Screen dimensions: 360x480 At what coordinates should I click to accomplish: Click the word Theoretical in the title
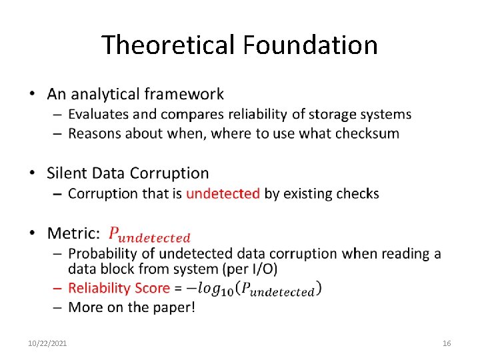169,45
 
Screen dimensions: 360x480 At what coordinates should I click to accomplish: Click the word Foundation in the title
310,45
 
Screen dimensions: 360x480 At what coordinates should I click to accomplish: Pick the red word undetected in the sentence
223,194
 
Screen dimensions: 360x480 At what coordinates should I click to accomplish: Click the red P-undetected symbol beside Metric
149,235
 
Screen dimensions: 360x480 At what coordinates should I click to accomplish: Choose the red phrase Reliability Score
119,288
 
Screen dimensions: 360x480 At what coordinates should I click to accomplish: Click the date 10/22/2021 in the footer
47,343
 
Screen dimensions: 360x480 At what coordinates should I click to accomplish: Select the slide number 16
447,343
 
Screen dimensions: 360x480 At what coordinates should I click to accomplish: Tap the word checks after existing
357,194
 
